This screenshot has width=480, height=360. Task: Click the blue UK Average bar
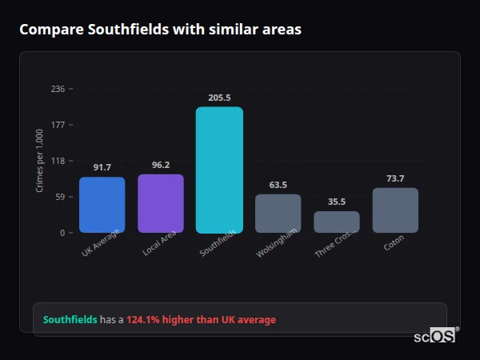coord(102,205)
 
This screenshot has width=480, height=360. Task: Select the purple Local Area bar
coord(161,203)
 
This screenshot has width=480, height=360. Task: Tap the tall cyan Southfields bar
coord(219,170)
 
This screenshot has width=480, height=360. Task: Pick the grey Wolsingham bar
coord(278,214)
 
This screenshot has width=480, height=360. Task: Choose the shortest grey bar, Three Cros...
coord(337,222)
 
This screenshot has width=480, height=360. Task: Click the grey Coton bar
coord(395,210)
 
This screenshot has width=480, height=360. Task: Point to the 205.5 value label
coord(219,98)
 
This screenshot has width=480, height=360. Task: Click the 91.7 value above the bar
coord(102,167)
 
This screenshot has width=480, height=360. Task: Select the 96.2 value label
coord(161,165)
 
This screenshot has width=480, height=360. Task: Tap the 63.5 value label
coord(278,185)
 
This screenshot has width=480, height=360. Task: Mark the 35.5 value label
coord(337,202)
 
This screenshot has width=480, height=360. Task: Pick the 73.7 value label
coord(395,178)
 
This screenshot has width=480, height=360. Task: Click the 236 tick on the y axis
coord(58,89)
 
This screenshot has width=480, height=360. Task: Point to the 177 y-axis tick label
coord(58,125)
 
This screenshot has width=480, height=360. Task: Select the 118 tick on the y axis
coord(58,161)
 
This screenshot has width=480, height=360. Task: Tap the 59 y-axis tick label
coord(60,197)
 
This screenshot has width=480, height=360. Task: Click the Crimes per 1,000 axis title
coord(40,161)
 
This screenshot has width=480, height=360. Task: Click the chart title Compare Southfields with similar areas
coord(161,30)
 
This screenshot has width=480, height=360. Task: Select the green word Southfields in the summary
coord(70,319)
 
